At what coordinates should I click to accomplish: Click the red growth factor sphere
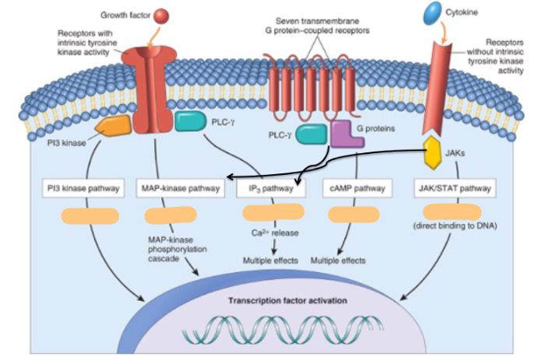pyautogui.click(x=161, y=15)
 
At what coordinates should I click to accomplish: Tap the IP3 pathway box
pyautogui.click(x=267, y=188)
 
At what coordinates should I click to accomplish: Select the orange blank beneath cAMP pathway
pyautogui.click(x=354, y=215)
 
